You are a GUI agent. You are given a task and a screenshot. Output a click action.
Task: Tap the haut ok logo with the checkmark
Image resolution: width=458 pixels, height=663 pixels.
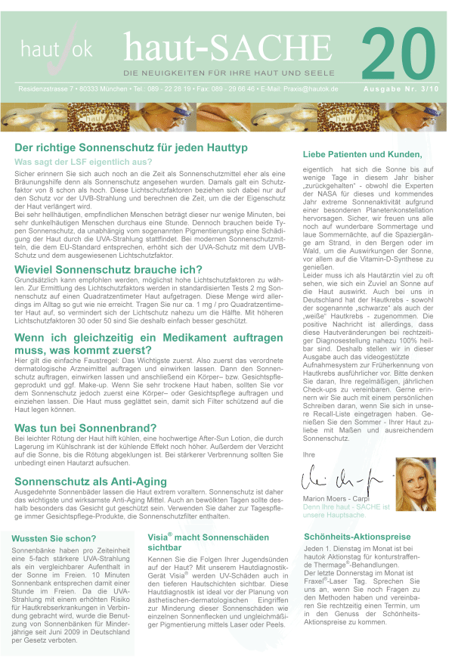[x=57, y=49]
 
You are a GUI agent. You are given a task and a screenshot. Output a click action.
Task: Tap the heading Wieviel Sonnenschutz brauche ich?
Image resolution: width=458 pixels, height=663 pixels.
[x=108, y=270]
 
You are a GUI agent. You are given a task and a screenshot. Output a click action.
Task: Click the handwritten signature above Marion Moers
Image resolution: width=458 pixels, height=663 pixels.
[x=333, y=477]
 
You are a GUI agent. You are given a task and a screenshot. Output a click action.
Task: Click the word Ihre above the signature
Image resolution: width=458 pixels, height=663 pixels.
[x=308, y=454]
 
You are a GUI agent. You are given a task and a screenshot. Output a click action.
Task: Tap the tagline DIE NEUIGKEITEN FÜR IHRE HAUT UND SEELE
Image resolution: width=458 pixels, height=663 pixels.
[x=230, y=73]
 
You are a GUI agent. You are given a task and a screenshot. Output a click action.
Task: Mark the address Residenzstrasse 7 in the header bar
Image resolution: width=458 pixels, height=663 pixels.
[x=50, y=89]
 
